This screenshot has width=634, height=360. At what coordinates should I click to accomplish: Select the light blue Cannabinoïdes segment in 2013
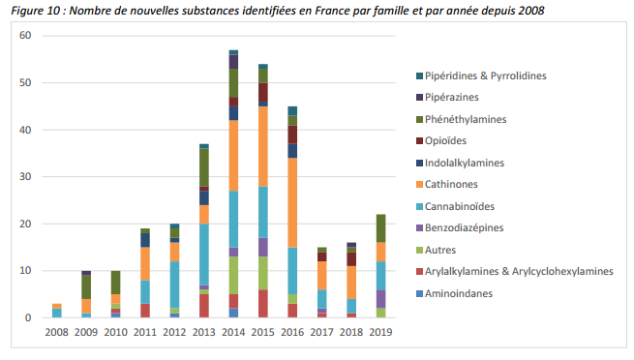point(204,255)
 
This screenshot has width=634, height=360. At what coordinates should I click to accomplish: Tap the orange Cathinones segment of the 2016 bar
point(291,202)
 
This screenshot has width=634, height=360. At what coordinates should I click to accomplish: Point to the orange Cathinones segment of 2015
point(262,146)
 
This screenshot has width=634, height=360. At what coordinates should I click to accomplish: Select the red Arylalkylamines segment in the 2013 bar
point(204,306)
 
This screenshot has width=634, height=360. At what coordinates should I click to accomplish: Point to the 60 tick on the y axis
point(25,36)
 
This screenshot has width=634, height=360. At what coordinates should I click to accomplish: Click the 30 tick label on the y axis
point(25,177)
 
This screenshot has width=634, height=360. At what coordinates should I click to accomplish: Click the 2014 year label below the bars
point(233,333)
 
